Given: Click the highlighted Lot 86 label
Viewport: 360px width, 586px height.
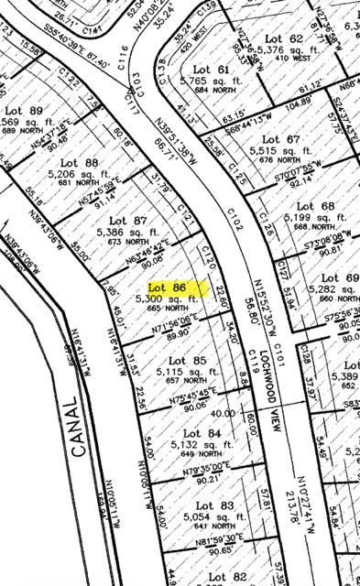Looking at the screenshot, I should pos(168,287).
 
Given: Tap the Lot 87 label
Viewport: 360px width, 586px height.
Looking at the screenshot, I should pos(128,221).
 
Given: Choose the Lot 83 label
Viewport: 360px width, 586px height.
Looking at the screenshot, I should pos(214,505).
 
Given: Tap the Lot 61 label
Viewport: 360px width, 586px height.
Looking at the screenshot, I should pos(211,70).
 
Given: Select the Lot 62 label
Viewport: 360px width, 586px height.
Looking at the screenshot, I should pos(283,38).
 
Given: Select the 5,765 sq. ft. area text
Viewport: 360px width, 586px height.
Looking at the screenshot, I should pos(211,81).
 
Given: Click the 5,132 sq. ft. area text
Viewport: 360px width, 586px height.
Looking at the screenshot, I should pos(196,444).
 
